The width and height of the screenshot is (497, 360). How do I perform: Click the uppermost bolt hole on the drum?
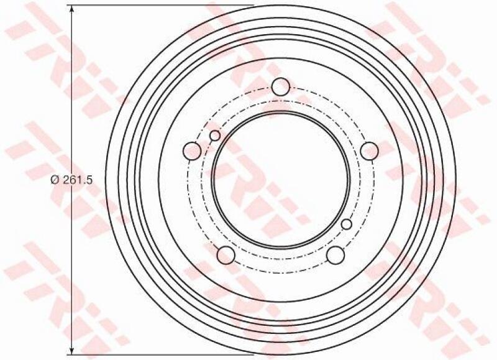click(x=281, y=86)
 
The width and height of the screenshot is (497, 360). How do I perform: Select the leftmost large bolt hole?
click(x=193, y=151)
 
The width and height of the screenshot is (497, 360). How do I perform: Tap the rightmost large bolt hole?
click(x=370, y=151)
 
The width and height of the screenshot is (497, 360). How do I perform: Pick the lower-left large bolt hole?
click(x=226, y=255)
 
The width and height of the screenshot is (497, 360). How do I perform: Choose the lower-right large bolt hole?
click(x=335, y=255)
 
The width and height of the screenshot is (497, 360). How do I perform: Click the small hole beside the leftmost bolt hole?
click(x=215, y=136)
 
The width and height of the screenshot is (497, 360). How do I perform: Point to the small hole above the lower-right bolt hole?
click(x=347, y=224)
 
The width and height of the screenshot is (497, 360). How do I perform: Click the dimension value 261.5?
click(x=77, y=180)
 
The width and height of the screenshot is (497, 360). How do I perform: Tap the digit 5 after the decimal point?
click(x=89, y=180)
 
